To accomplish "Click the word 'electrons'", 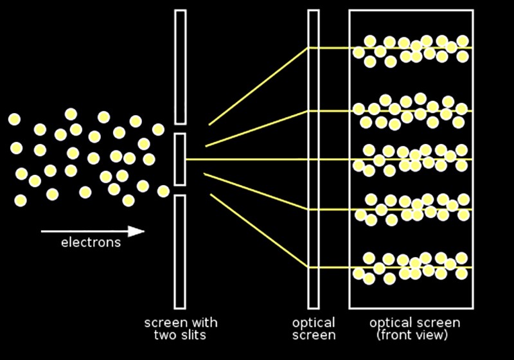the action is (91, 242).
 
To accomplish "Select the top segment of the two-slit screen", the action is (181, 67).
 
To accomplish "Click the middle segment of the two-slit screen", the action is (180, 159).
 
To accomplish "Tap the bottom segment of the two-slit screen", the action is (180, 252).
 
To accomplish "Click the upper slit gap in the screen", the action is (180, 129).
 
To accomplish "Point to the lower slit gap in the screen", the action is (180, 190).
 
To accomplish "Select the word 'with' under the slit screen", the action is (203, 323).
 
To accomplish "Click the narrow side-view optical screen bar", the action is (314, 159).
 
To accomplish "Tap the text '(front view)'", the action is (412, 336).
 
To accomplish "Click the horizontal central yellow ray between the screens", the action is (247, 159).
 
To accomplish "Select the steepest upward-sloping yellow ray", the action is (259, 86).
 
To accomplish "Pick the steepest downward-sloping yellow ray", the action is (260, 231).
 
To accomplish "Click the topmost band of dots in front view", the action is (411, 51).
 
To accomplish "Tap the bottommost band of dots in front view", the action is (410, 269).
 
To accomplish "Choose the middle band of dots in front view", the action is (410, 160).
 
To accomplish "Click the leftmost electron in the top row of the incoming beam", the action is (14, 119).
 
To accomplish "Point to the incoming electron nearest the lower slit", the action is (163, 191).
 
